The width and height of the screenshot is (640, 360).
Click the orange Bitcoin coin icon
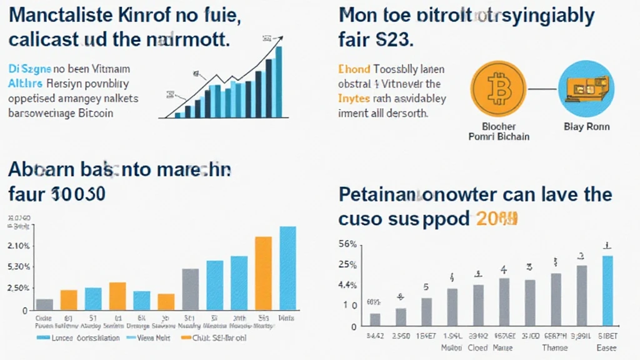click(497, 87)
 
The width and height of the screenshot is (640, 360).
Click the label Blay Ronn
click(586, 126)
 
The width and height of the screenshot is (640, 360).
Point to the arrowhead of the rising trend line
click(276, 39)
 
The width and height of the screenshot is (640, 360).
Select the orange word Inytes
click(354, 99)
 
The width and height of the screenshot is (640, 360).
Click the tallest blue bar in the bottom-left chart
click(287, 267)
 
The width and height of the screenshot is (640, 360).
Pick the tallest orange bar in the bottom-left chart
click(263, 272)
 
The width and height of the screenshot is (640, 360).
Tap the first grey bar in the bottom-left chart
click(44, 304)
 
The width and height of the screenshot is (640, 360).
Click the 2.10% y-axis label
click(17, 246)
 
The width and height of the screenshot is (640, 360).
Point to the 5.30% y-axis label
click(17, 267)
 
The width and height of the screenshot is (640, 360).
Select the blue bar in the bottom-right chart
click(607, 291)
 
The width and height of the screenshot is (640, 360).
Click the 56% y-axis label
click(347, 244)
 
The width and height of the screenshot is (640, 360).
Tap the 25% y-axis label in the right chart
click(347, 264)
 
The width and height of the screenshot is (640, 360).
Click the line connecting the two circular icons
click(542, 87)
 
